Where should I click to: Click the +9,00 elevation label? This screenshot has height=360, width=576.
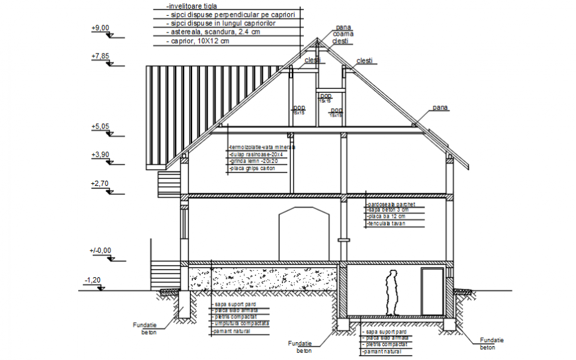(99, 28)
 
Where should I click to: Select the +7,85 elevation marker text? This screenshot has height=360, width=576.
(99, 57)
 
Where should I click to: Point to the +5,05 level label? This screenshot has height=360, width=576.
(99, 126)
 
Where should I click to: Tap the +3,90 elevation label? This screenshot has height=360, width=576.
(99, 154)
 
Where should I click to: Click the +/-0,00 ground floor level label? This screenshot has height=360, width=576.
(101, 250)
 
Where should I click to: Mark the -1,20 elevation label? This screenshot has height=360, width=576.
(92, 281)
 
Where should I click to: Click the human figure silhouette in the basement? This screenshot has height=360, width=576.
(391, 291)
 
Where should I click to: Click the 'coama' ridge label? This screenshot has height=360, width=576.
(343, 34)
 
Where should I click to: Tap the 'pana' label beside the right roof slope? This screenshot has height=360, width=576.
(440, 107)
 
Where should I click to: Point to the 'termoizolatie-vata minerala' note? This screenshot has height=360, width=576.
(261, 147)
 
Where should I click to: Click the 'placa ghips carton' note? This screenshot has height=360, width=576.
(251, 169)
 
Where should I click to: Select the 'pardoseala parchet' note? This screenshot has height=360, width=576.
(391, 205)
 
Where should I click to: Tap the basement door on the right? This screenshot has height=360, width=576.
(433, 292)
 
